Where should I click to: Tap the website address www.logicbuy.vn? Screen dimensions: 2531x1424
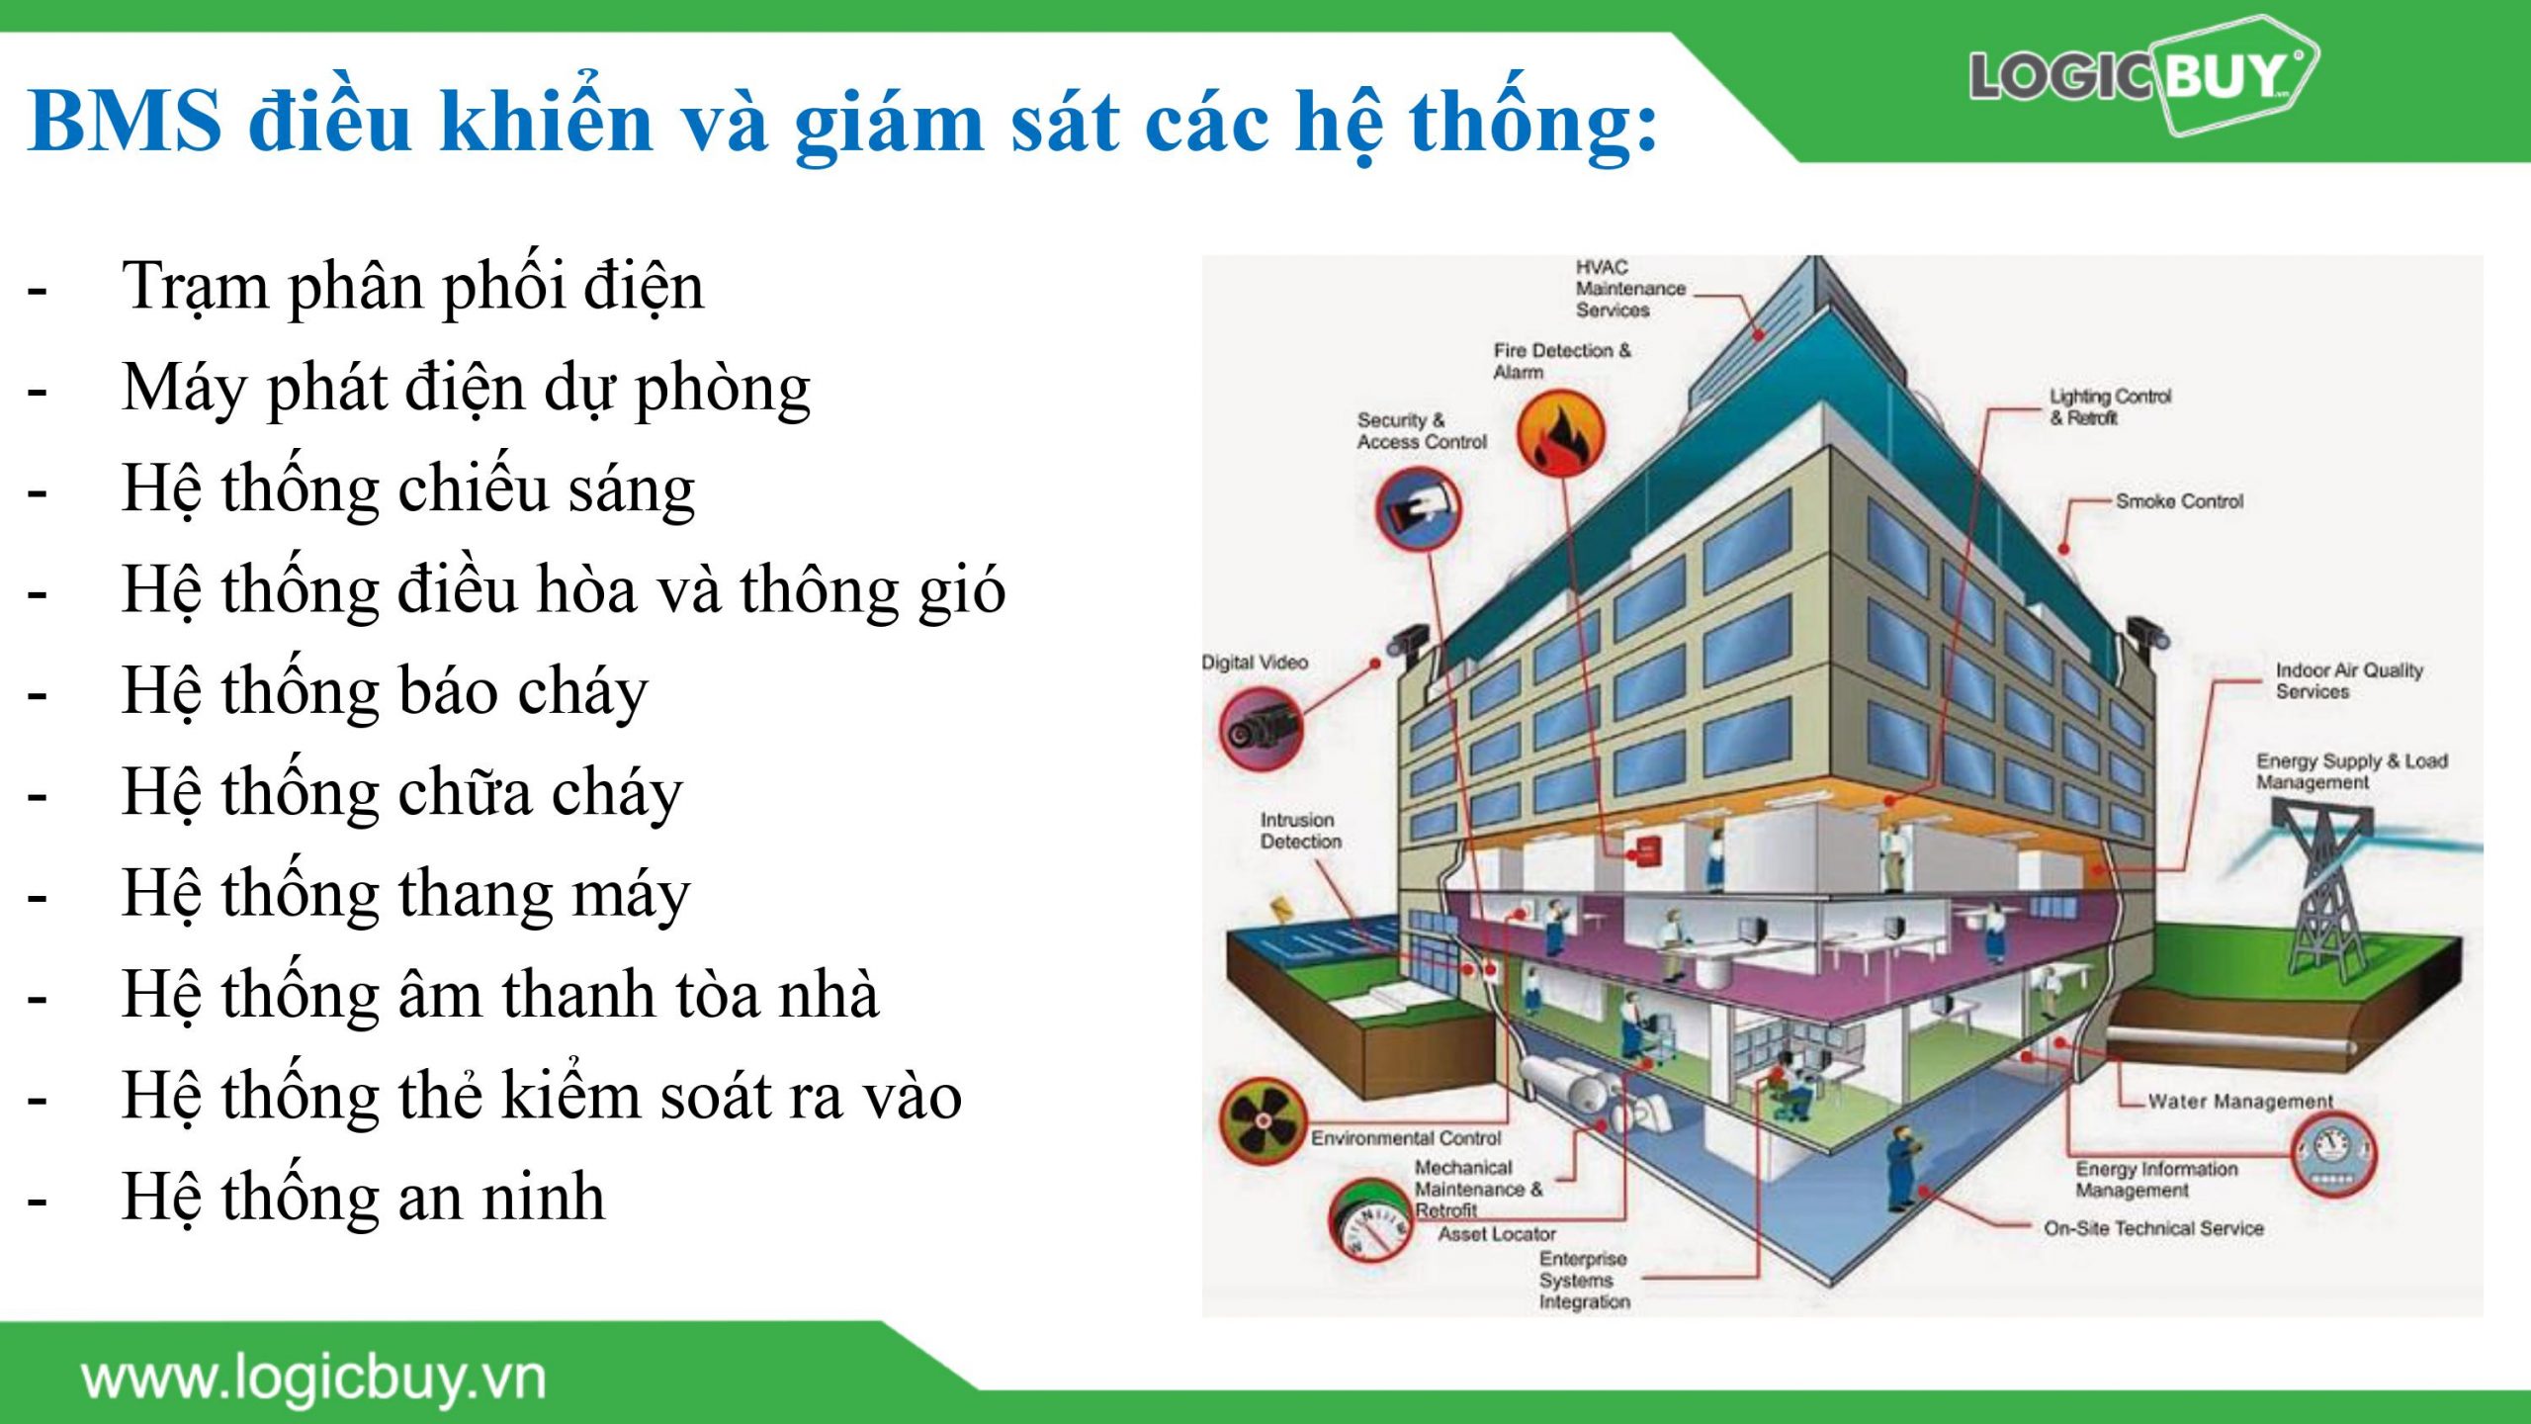(313, 1379)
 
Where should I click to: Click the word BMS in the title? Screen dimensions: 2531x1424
(126, 121)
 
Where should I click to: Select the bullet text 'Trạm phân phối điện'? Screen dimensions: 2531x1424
(412, 287)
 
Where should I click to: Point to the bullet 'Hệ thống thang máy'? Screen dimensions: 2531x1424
(405, 894)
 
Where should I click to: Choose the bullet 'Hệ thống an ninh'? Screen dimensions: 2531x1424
(363, 1198)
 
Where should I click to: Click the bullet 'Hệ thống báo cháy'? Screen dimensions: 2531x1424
(385, 691)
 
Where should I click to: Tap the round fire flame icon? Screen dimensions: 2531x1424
(1561, 432)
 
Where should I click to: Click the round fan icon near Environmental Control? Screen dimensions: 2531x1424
(1264, 1120)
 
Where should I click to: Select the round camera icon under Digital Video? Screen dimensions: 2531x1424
(1261, 730)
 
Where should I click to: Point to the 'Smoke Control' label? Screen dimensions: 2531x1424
(2179, 501)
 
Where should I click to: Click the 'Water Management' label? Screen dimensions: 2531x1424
(2240, 1101)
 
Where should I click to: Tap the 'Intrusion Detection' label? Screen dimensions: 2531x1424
(1300, 831)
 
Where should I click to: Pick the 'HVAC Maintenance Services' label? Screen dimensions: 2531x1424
(1630, 288)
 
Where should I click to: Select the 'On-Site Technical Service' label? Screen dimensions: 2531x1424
(2153, 1228)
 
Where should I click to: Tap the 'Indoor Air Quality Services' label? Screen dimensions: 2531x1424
(2349, 680)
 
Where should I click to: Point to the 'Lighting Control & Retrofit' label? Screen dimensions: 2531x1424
(2110, 406)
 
